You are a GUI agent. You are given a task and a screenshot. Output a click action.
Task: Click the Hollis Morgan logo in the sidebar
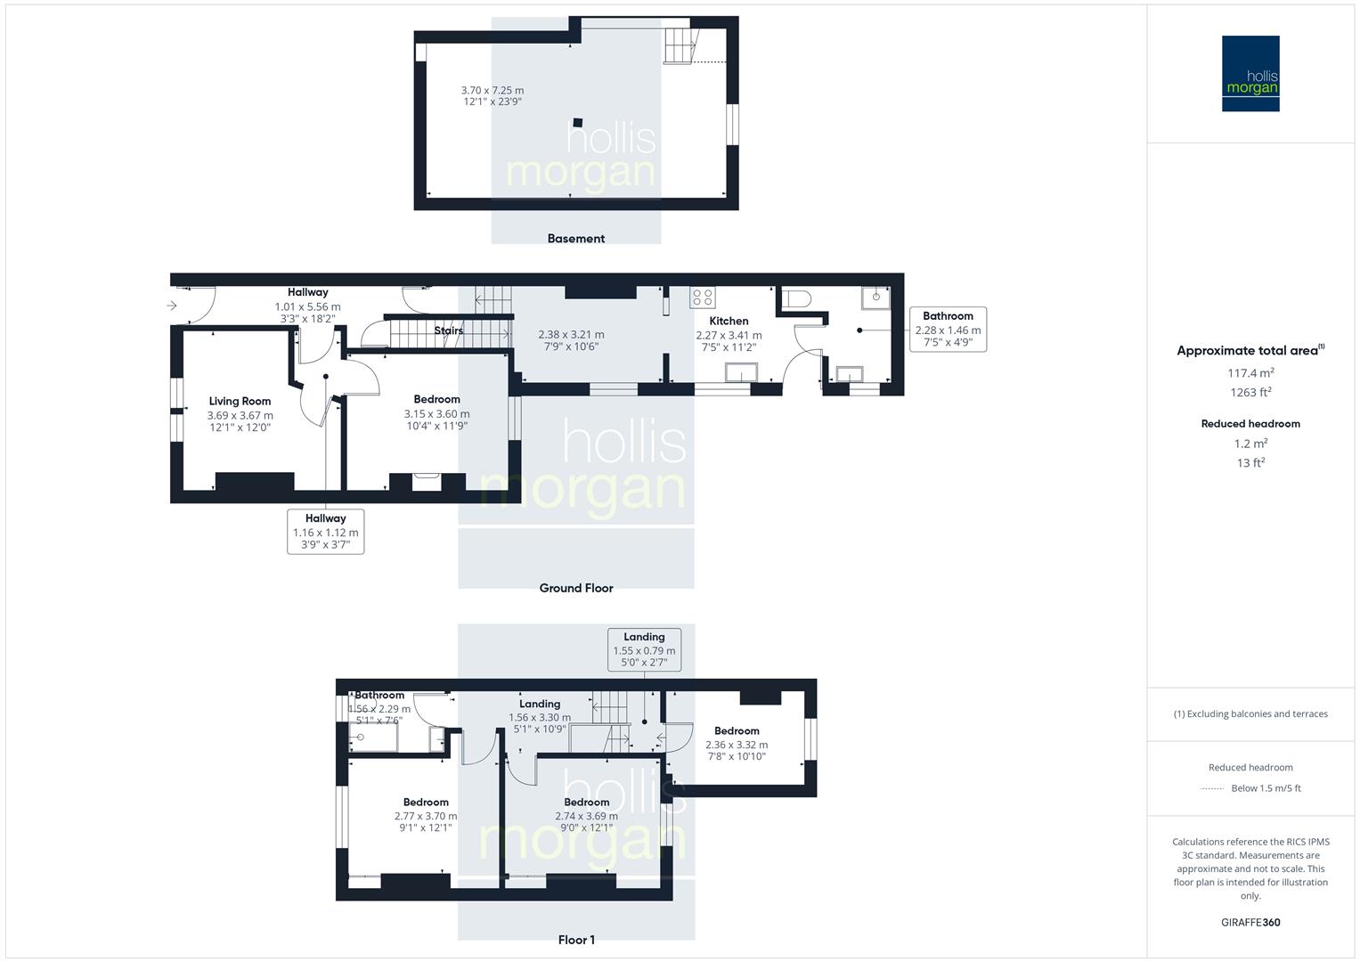point(1250,73)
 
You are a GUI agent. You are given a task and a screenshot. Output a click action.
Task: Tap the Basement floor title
point(575,239)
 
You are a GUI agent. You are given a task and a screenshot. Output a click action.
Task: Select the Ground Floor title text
point(575,588)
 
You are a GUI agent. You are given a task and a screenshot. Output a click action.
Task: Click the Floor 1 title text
point(575,940)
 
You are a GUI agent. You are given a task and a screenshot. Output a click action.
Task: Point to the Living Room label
point(240,401)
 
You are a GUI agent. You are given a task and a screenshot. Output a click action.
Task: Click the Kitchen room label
point(729,321)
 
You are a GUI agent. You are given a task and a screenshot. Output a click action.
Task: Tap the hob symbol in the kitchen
point(703,298)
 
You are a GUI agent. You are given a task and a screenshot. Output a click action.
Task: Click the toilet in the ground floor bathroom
point(795,299)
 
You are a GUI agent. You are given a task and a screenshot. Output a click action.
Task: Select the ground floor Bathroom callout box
point(948,329)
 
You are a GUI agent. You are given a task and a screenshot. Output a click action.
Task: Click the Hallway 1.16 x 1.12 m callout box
point(325,532)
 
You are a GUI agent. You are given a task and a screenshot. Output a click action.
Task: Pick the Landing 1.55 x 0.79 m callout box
point(644,649)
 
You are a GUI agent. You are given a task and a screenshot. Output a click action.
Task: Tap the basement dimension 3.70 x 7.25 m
point(493,90)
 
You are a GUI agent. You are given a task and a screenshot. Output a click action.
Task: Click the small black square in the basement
point(578,123)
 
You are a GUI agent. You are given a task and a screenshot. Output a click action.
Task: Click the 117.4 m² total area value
point(1250,373)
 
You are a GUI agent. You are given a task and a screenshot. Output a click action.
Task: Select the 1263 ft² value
point(1250,392)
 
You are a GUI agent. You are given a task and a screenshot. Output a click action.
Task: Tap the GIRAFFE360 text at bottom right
point(1250,922)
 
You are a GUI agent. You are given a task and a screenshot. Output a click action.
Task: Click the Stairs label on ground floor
point(448,330)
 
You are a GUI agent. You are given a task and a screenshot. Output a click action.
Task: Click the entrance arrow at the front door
point(172,306)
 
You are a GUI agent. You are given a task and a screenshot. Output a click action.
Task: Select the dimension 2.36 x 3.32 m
point(736,745)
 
